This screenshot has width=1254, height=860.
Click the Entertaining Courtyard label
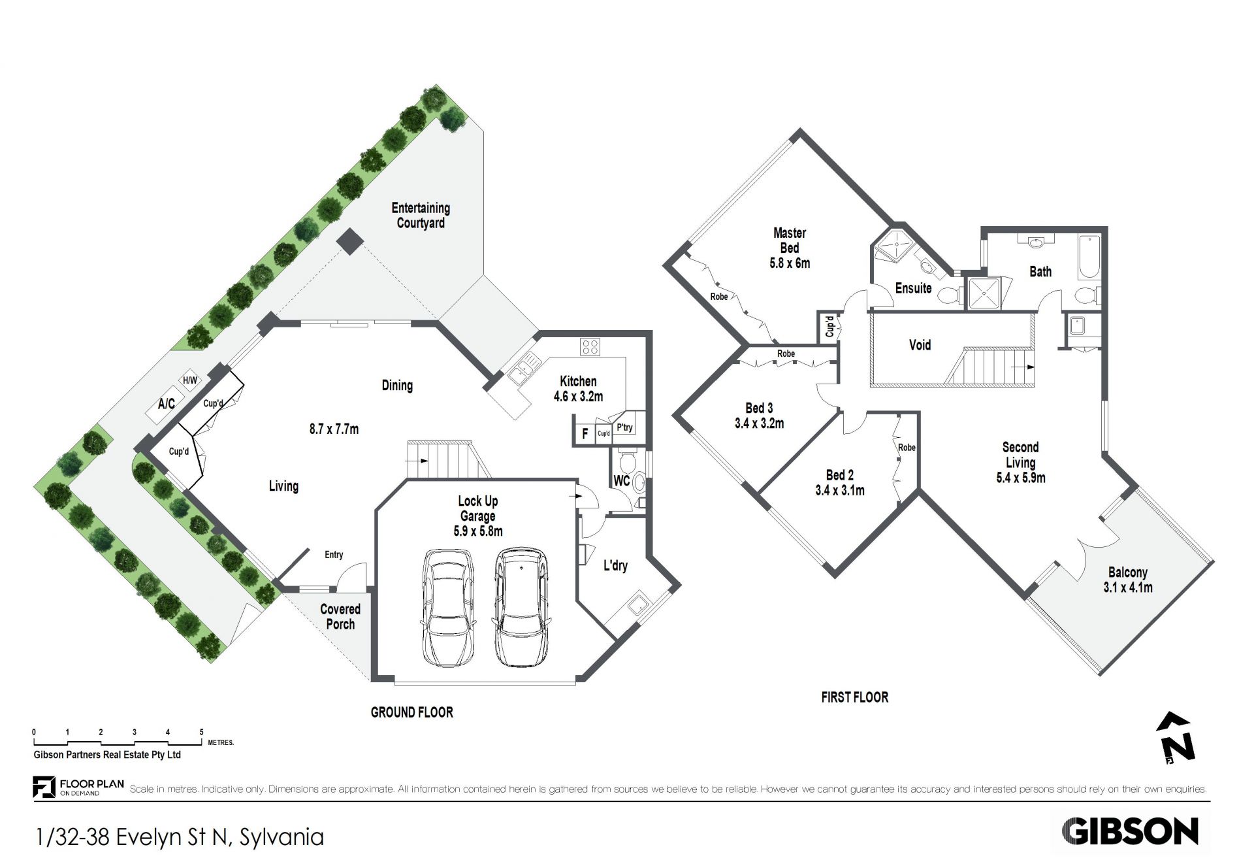(x=421, y=216)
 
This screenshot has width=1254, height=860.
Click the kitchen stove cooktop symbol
(x=590, y=346)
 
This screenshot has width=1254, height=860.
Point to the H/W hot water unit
(x=189, y=380)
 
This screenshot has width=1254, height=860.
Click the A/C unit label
(x=167, y=404)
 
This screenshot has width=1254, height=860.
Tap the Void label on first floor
(x=920, y=345)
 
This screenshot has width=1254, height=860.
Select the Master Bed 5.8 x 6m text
(x=790, y=248)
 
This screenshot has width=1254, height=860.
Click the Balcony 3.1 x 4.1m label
(x=1128, y=580)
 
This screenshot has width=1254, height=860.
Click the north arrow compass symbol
(x=1176, y=738)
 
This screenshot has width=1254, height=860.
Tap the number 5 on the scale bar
(x=201, y=733)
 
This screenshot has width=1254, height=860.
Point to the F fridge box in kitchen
(x=585, y=433)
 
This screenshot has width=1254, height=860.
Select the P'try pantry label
(x=625, y=427)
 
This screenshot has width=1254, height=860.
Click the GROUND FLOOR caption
(x=411, y=712)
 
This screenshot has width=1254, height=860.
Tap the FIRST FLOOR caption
(x=854, y=697)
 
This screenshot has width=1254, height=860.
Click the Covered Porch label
(x=340, y=616)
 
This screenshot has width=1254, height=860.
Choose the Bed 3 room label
(x=759, y=416)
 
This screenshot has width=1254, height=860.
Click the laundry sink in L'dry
(x=637, y=606)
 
